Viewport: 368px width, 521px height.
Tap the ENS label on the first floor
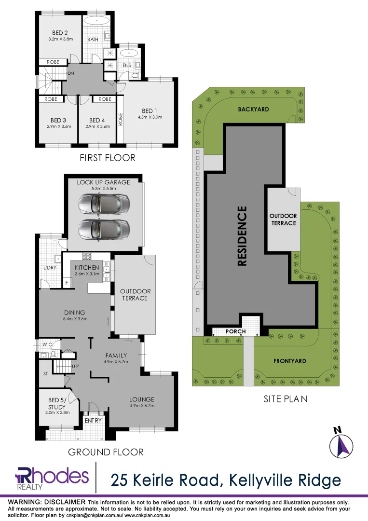click(127, 65)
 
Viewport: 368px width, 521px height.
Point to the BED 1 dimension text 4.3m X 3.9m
click(150, 116)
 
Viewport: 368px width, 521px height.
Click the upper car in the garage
click(104, 204)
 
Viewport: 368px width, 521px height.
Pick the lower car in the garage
click(104, 229)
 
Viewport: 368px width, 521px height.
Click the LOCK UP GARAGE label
click(104, 182)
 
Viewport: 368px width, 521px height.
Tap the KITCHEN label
click(87, 268)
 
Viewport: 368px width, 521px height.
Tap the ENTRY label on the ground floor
click(93, 421)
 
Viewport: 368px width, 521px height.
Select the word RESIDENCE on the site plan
click(242, 236)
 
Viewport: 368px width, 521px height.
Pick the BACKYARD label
click(253, 110)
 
